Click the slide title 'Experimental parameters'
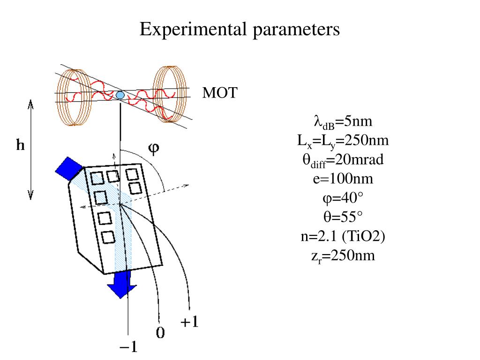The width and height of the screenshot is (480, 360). point(240,29)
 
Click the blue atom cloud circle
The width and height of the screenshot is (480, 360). point(120,95)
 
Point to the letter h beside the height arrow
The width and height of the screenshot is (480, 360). point(20,146)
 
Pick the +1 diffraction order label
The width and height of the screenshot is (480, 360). point(189,322)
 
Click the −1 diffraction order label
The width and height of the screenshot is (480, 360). point(128,347)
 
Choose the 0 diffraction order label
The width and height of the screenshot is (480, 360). point(160,333)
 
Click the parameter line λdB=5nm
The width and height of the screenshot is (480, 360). point(343,122)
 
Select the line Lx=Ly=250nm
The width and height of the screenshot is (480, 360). point(343,141)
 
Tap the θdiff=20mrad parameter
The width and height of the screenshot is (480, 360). point(343,160)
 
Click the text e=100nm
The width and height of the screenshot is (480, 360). point(343,179)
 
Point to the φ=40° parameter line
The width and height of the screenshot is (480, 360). point(343,198)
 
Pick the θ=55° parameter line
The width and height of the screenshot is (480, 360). point(343,217)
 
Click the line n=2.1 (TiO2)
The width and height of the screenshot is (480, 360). point(343,237)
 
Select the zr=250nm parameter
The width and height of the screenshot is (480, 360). point(343,256)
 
